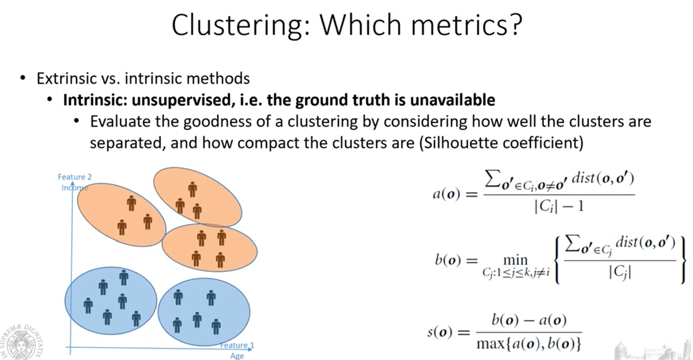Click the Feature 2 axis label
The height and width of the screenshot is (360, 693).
pos(75,177)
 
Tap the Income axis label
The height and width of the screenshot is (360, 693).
pos(75,188)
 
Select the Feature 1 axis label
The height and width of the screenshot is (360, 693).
pos(237,345)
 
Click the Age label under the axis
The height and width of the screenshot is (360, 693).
pos(237,356)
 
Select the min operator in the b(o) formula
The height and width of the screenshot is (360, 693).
pos(515,260)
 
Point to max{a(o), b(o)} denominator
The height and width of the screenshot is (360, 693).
pos(529,344)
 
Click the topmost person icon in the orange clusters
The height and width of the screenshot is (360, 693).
pos(192,190)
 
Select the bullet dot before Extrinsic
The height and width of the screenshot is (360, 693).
pos(23,78)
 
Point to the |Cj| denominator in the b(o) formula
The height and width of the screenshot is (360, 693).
pos(620,272)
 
